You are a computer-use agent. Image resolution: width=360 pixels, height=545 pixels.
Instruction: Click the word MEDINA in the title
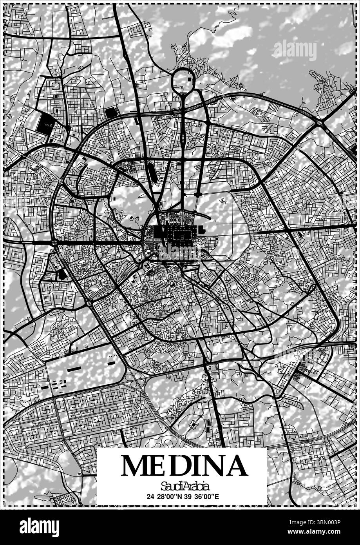(x=184, y=465)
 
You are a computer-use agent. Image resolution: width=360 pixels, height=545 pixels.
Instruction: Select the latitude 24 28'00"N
(x=165, y=496)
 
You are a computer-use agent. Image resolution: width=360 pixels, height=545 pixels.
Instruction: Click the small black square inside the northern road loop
(x=190, y=80)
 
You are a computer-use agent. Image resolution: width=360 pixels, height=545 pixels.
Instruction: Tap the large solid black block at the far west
(x=44, y=122)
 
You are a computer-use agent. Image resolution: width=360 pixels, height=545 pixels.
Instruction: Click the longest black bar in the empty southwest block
(x=74, y=369)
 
